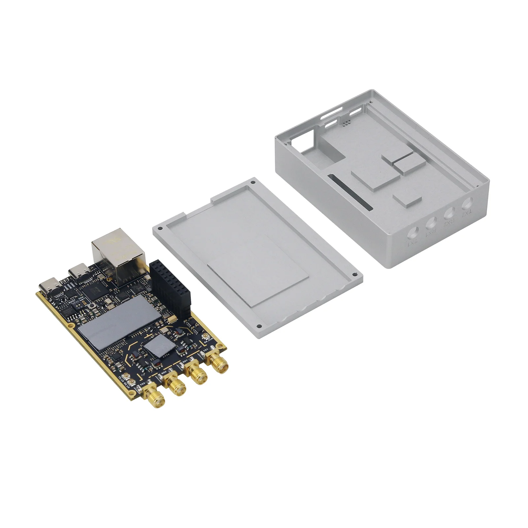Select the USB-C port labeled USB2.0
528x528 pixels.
49,288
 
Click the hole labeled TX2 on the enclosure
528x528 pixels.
467,203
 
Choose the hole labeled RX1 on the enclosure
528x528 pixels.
431,223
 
